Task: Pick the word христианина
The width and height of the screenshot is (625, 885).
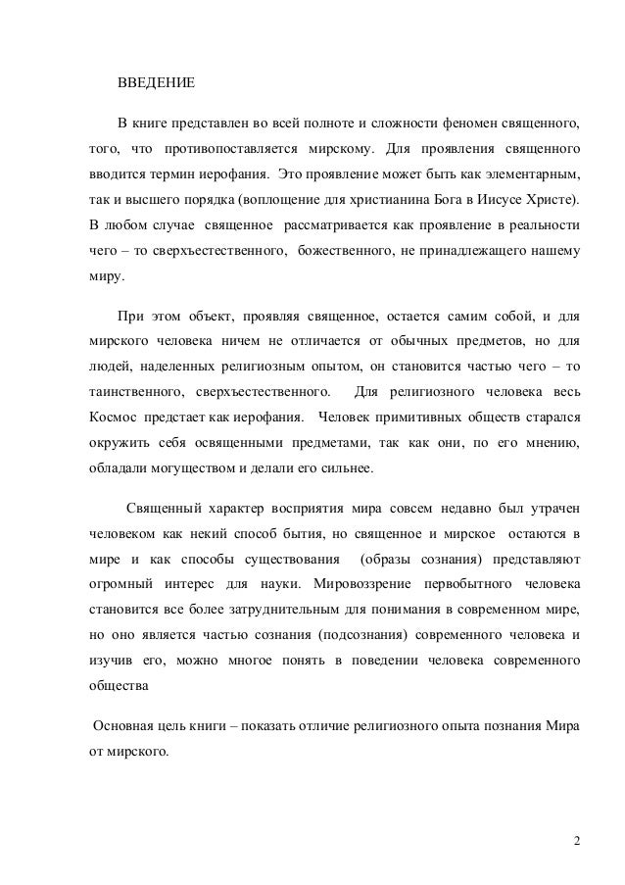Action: point(394,202)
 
